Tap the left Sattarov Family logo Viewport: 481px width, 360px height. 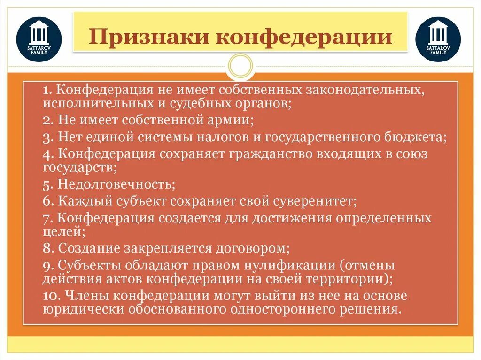pos(39,39)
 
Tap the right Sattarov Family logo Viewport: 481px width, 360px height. pos(438,39)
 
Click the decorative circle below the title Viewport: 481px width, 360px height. pos(240,66)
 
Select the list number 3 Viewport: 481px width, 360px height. pos(47,138)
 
